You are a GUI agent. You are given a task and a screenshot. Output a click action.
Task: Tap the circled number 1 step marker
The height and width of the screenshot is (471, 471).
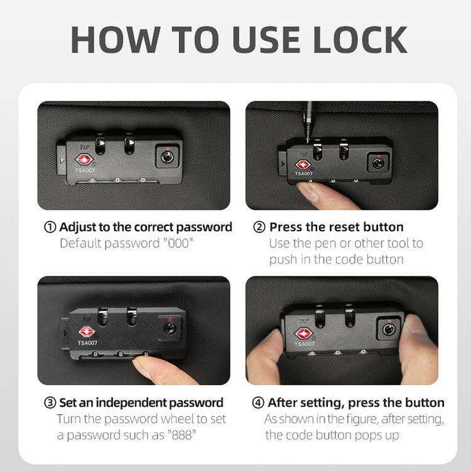(50, 227)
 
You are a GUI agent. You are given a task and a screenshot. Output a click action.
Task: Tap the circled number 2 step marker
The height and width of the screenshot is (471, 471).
(259, 227)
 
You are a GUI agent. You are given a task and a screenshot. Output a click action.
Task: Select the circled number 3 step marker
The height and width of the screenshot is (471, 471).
(50, 403)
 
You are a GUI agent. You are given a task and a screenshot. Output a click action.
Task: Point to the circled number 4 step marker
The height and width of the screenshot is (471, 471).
(257, 403)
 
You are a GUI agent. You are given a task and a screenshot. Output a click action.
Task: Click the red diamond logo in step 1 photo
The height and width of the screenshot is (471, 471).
(84, 160)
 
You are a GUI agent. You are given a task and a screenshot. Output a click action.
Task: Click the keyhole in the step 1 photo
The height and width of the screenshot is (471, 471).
(167, 156)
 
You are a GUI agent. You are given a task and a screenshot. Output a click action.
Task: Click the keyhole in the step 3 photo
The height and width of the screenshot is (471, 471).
(169, 328)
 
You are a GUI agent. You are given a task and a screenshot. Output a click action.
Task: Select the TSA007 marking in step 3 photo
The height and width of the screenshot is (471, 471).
(87, 343)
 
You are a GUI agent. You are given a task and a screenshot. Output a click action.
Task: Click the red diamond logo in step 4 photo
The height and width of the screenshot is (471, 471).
(304, 333)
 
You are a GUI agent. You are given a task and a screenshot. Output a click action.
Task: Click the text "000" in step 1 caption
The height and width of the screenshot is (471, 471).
(178, 243)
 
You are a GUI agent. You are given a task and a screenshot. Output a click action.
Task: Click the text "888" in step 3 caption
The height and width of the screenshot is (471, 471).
(181, 435)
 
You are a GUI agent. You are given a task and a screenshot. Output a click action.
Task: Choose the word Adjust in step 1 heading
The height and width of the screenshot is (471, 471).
(77, 227)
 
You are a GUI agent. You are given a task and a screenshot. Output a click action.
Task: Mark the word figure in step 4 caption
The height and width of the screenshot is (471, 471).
(362, 419)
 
